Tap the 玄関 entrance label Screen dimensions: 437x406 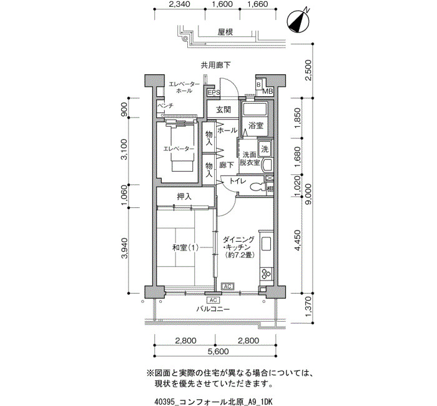[x=223, y=109]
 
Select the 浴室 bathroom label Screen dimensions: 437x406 [x=256, y=126]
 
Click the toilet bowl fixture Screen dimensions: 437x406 [x=257, y=187]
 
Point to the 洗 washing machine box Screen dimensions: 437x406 [x=265, y=149]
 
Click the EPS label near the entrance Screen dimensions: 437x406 [x=214, y=92]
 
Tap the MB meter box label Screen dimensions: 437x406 [x=268, y=91]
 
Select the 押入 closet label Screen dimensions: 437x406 [x=184, y=197]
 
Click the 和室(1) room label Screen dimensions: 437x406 [x=185, y=247]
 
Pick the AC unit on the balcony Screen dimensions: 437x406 [x=214, y=300]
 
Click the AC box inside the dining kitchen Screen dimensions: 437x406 [x=228, y=286]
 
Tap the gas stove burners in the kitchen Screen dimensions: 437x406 [x=266, y=274]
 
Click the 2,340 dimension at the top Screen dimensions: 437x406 [x=180, y=4]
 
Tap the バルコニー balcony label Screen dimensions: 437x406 [x=213, y=309]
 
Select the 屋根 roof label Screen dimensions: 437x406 [x=225, y=32]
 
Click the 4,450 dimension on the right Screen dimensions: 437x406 [x=297, y=240]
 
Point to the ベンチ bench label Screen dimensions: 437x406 [x=165, y=106]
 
